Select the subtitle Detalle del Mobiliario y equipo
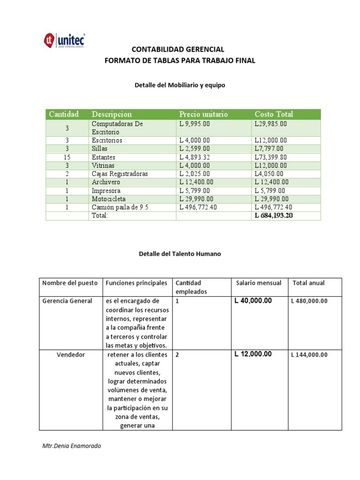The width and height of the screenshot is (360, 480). [180, 85]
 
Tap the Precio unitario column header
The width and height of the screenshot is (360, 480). [203, 114]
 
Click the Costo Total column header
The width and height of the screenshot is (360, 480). [274, 114]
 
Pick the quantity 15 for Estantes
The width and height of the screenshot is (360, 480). [67, 157]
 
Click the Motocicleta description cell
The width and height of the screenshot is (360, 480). [109, 199]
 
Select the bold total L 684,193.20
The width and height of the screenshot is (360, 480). [274, 216]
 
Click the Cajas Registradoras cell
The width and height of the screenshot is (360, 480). [120, 174]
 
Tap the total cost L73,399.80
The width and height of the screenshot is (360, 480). [270, 157]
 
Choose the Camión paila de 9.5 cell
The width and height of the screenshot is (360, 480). [120, 207]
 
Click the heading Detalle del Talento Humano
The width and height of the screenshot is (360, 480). [180, 254]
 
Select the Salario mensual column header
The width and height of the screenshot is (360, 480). [259, 283]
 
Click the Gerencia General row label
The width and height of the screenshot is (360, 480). [67, 301]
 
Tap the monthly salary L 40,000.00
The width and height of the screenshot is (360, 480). [253, 301]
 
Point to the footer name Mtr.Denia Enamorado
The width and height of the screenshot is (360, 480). [71, 446]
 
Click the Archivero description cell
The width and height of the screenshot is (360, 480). [106, 182]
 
